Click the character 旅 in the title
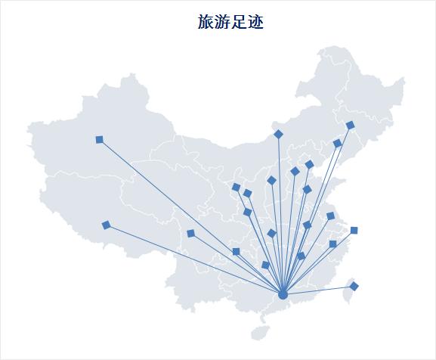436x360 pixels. click(x=206, y=22)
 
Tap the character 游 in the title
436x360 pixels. click(x=222, y=22)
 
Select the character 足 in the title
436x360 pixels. click(x=239, y=22)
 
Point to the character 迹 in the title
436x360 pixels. click(x=255, y=22)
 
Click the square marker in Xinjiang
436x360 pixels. click(x=99, y=139)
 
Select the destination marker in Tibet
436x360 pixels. click(x=106, y=225)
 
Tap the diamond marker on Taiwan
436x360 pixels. click(x=354, y=286)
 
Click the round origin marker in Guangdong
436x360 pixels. click(x=283, y=295)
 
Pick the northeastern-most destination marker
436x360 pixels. click(x=351, y=126)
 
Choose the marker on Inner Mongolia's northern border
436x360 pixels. click(x=278, y=134)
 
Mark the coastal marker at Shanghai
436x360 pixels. click(x=354, y=230)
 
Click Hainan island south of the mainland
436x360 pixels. click(x=261, y=332)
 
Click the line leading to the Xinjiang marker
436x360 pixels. click(x=190, y=217)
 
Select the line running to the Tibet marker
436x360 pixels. click(x=194, y=259)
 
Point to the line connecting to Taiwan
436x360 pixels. click(x=318, y=290)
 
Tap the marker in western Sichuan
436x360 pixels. click(x=190, y=234)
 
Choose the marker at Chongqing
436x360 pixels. click(x=236, y=252)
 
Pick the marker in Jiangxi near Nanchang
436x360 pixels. click(x=301, y=256)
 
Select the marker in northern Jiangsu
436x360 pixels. click(x=330, y=216)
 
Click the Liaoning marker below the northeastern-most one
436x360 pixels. click(x=337, y=143)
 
